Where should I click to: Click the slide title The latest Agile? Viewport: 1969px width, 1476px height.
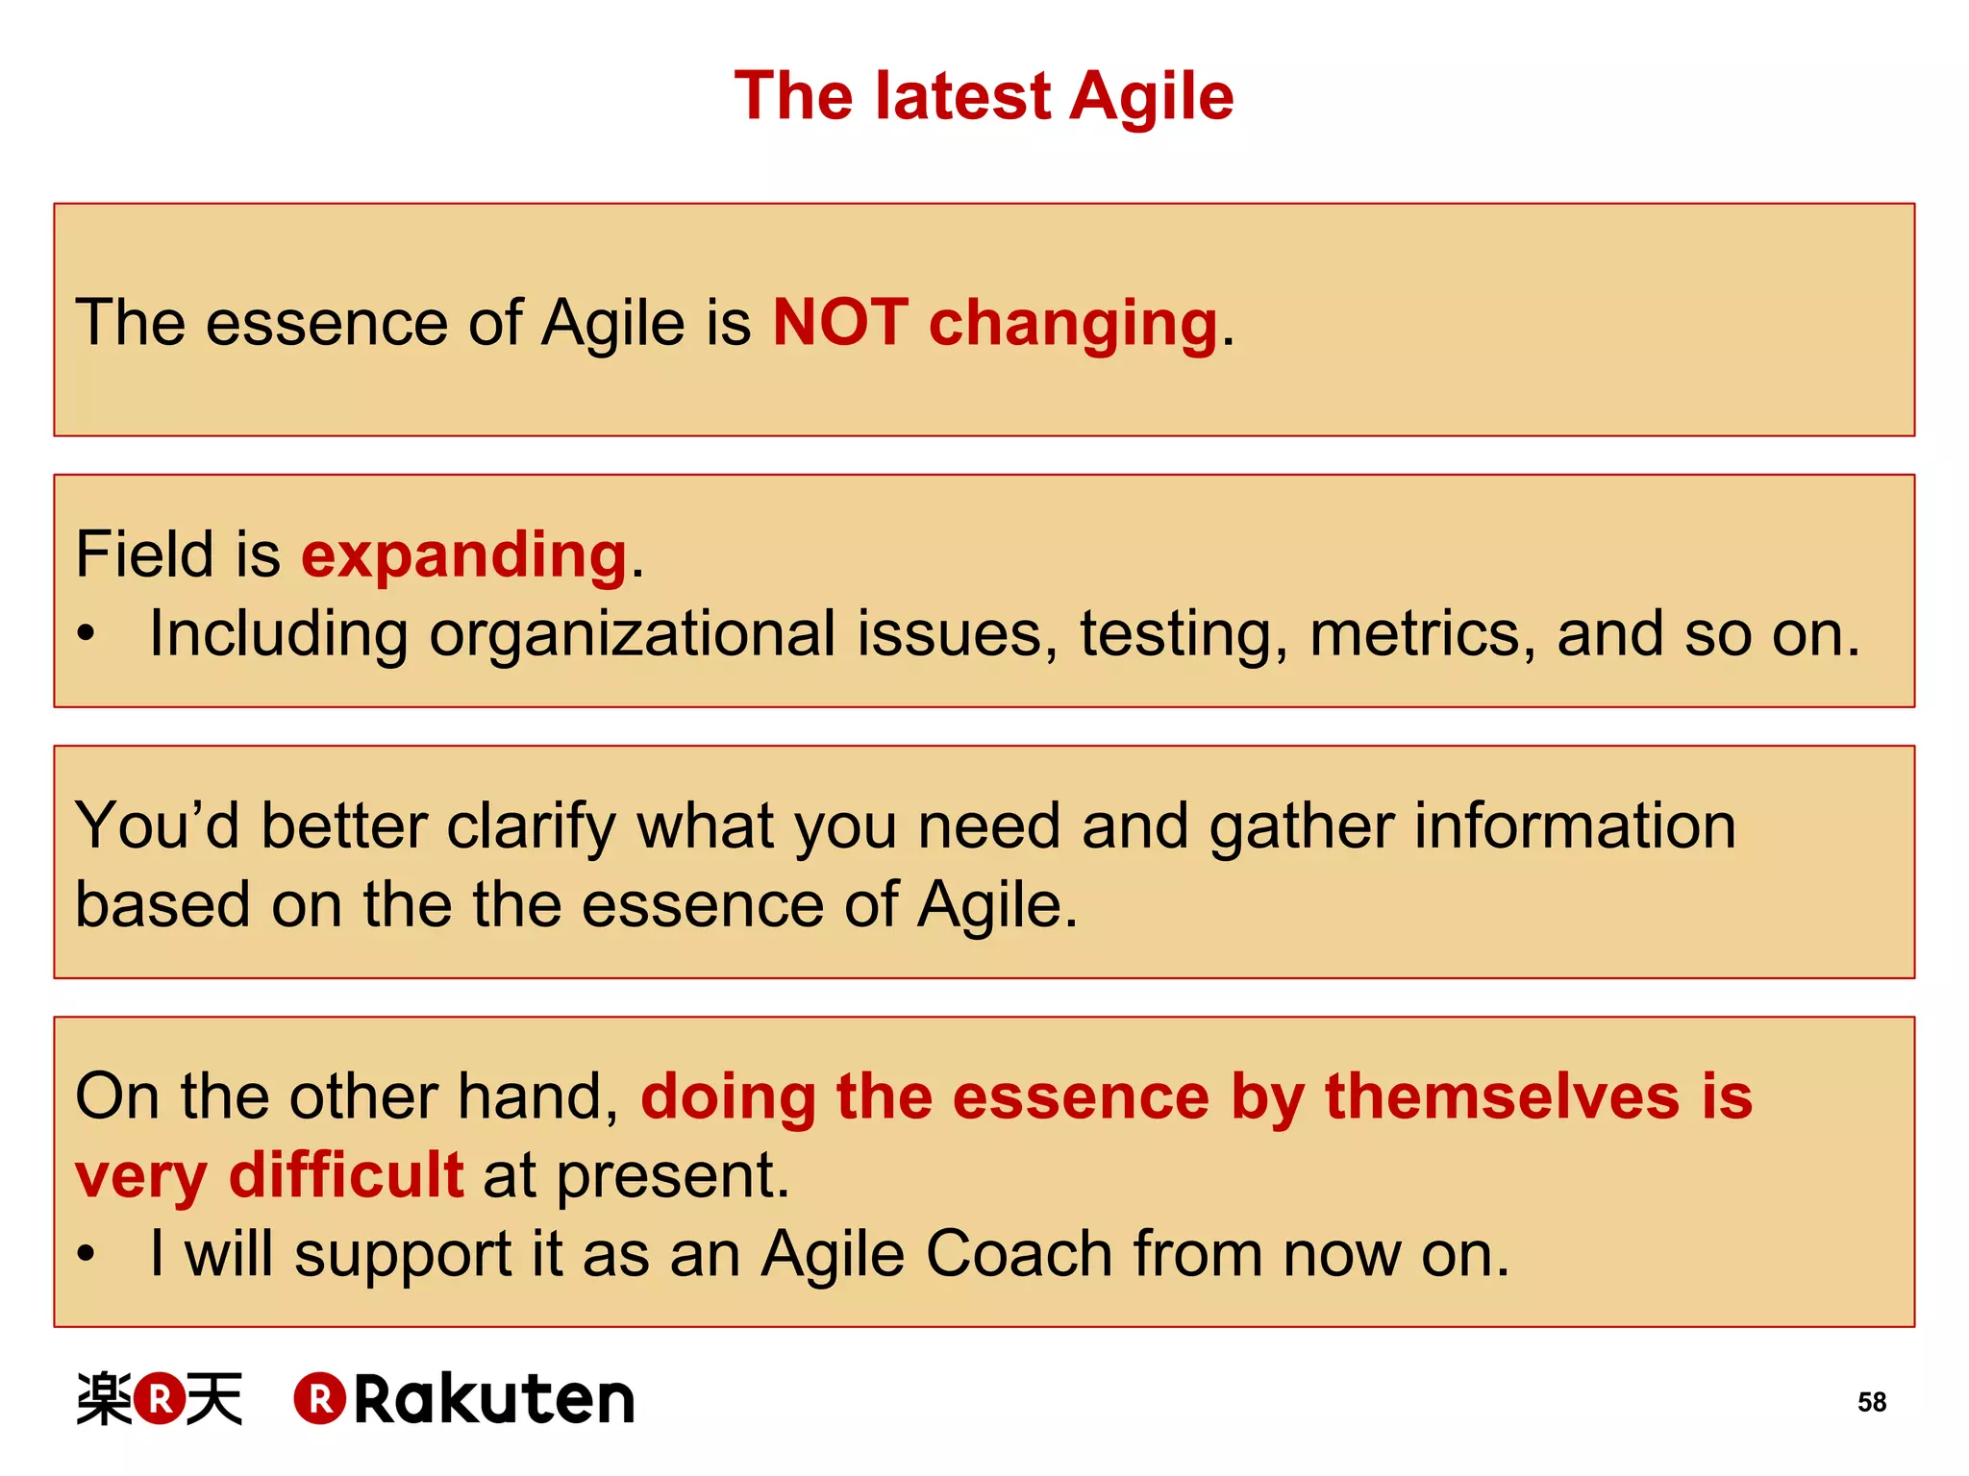click(984, 96)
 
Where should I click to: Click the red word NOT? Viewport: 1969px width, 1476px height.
click(840, 322)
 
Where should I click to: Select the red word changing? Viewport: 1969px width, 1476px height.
click(1073, 325)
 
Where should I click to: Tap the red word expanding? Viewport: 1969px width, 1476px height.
click(464, 555)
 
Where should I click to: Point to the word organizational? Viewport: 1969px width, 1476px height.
click(632, 636)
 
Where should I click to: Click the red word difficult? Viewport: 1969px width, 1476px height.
click(346, 1175)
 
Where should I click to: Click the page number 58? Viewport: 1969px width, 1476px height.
click(1871, 1402)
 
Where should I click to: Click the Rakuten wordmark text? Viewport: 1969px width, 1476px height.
click(494, 1399)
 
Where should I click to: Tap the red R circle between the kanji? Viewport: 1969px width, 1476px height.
click(160, 1398)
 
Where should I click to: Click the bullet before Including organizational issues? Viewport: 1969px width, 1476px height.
click(87, 635)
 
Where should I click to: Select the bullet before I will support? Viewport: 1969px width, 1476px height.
click(87, 1254)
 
